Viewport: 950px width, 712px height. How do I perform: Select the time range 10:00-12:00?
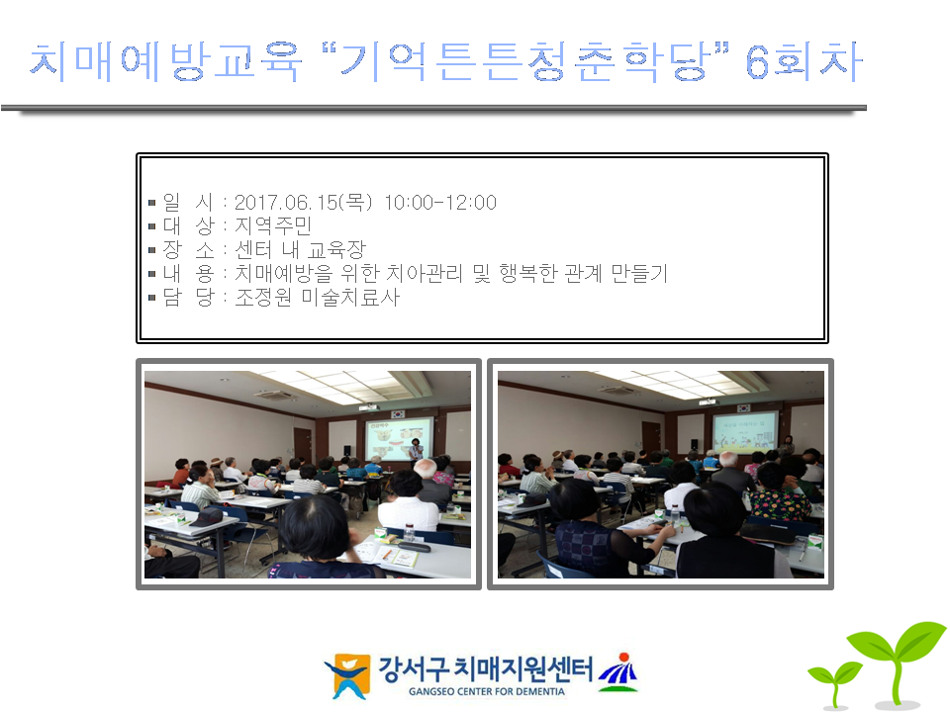tap(440, 202)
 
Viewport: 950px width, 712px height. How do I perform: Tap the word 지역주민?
tap(273, 225)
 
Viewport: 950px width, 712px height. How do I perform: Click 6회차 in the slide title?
tap(804, 61)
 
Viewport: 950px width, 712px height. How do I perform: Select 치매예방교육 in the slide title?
tap(165, 61)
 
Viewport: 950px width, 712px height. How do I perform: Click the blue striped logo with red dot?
tap(618, 672)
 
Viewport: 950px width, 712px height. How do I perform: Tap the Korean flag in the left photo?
tap(398, 414)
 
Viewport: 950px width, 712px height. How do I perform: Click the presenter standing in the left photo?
tap(416, 451)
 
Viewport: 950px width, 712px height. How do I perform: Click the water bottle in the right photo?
tap(675, 514)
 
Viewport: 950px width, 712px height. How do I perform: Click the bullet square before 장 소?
tap(152, 250)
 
